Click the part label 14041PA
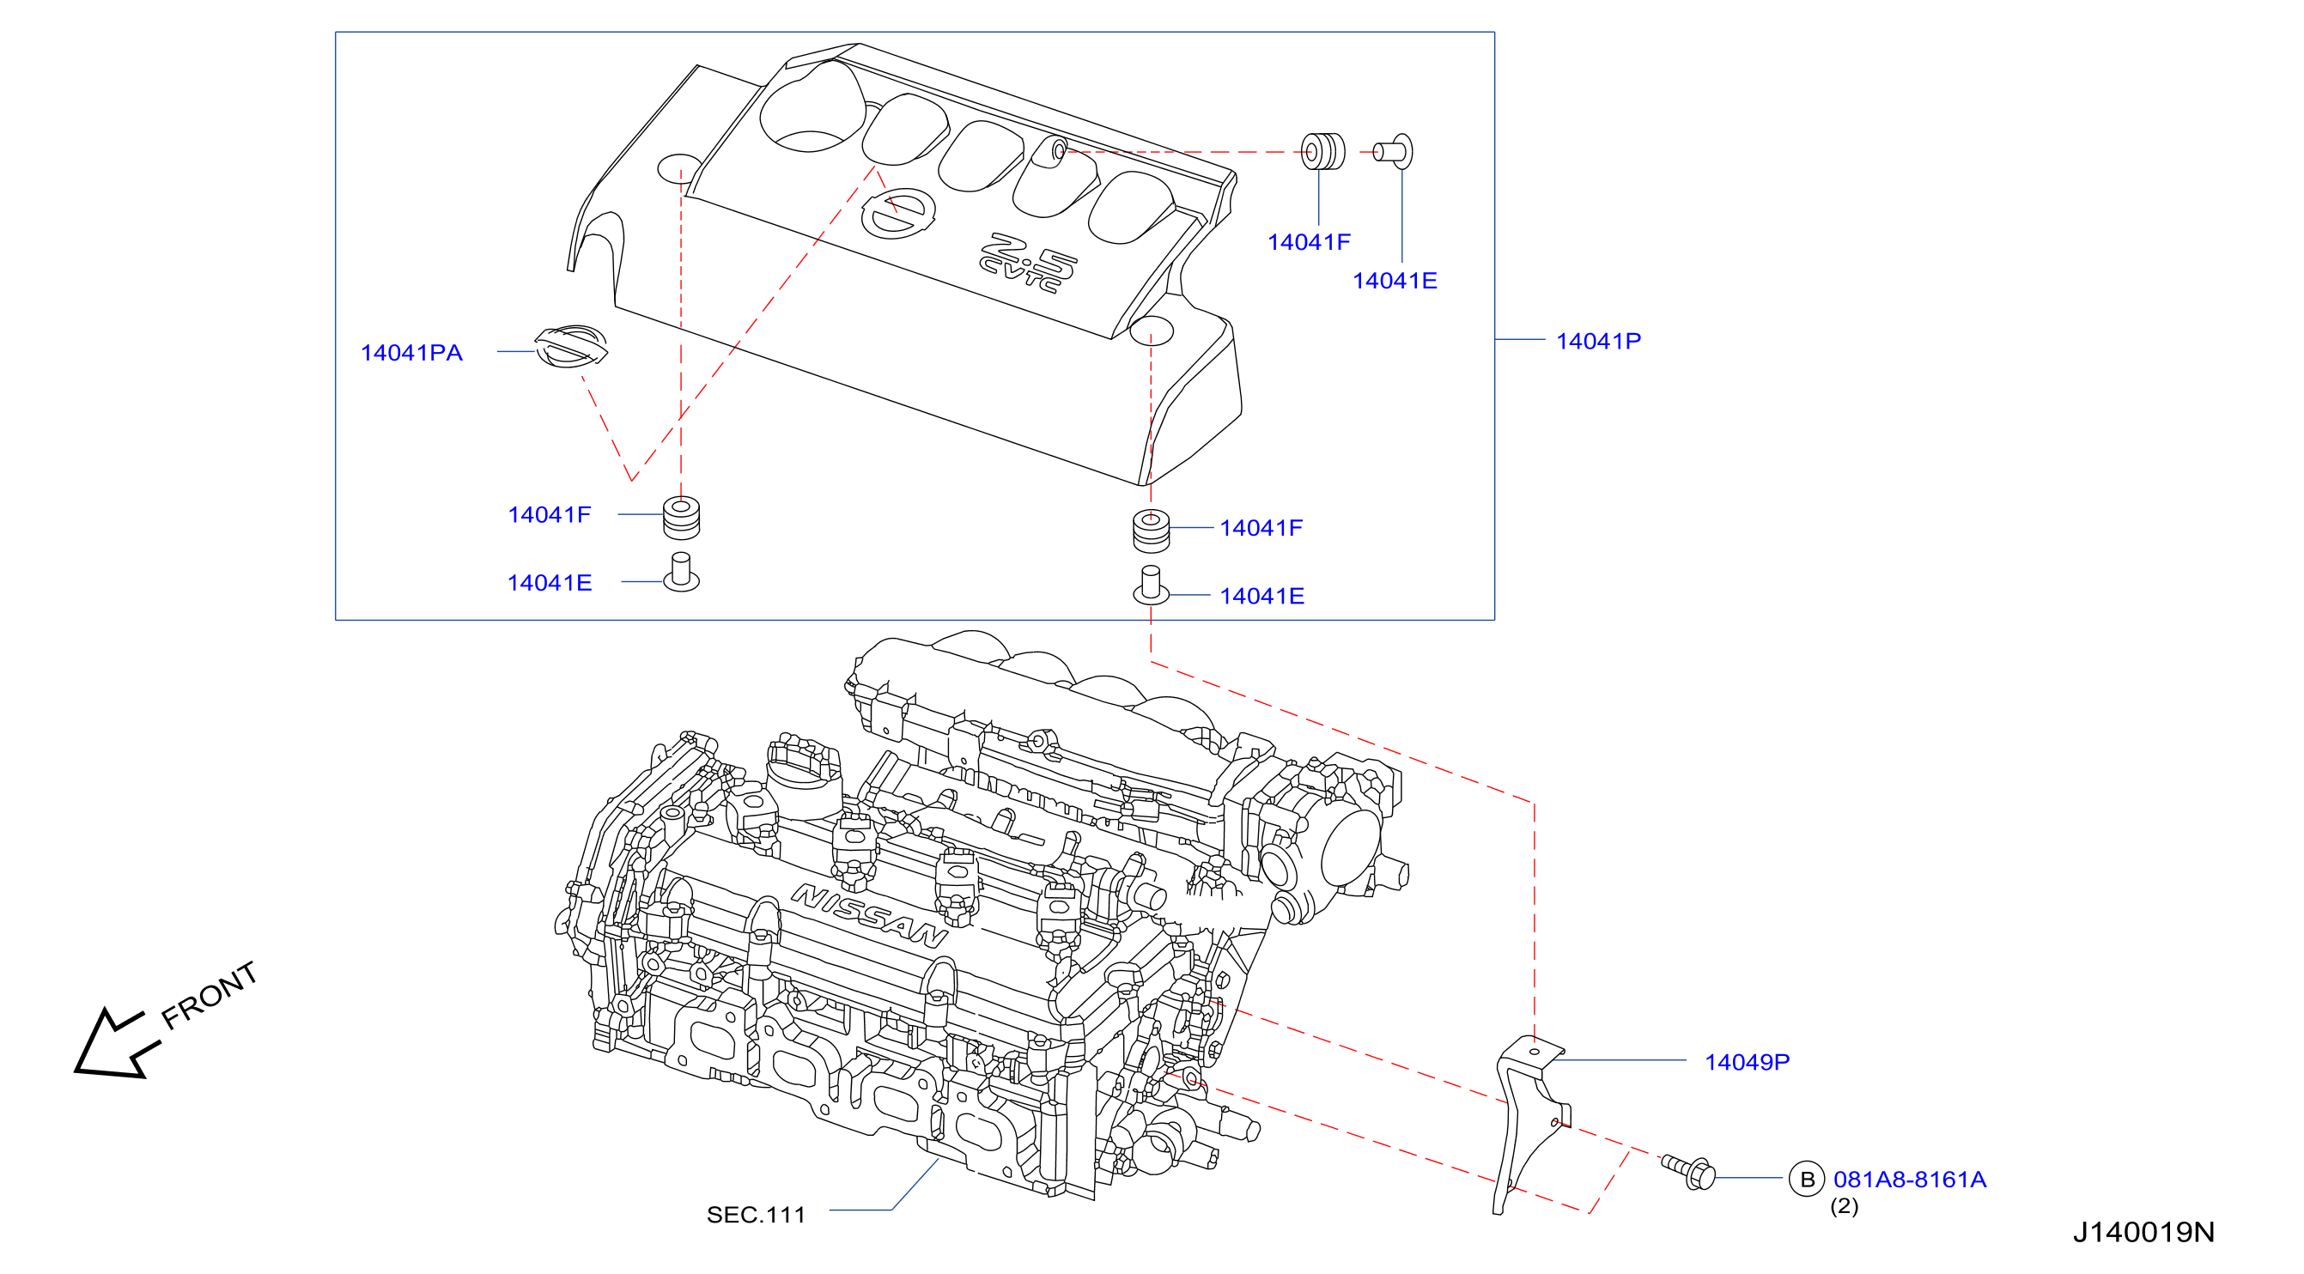pyautogui.click(x=411, y=353)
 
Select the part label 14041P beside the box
pyautogui.click(x=1598, y=342)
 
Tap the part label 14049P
pyautogui.click(x=1747, y=1062)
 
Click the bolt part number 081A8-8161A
pyautogui.click(x=1910, y=1180)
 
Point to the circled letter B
pyautogui.click(x=1807, y=1180)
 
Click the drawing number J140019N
pyautogui.click(x=2144, y=1233)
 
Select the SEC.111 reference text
pyautogui.click(x=756, y=1215)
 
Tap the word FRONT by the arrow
pyautogui.click(x=210, y=996)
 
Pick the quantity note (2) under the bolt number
pyautogui.click(x=1845, y=1206)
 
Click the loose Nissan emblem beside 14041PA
pyautogui.click(x=572, y=347)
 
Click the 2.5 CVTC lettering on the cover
pyautogui.click(x=1029, y=263)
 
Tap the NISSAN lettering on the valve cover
pyautogui.click(x=869, y=916)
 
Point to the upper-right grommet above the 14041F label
pyautogui.click(x=1322, y=152)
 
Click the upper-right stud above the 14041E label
pyautogui.click(x=1394, y=152)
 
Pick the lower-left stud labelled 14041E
pyautogui.click(x=682, y=572)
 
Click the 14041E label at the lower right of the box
pyautogui.click(x=1262, y=597)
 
